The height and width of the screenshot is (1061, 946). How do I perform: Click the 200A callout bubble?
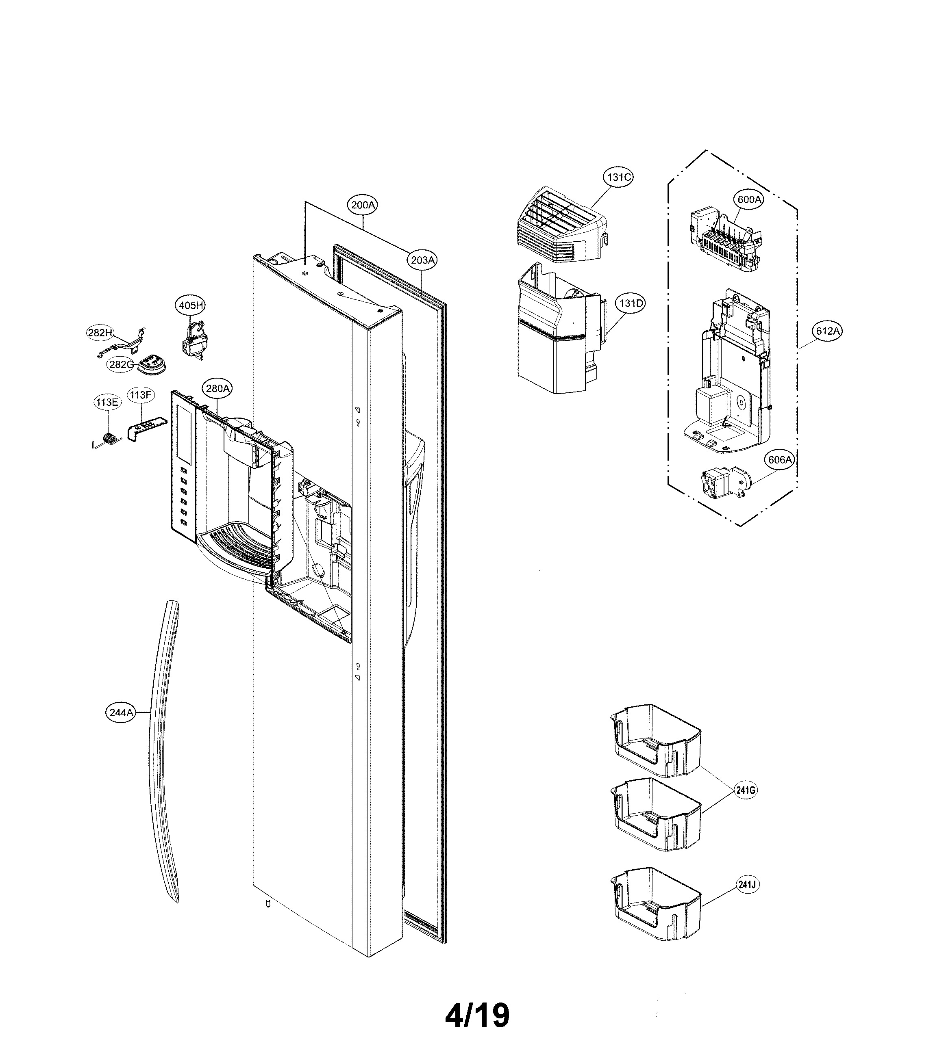pyautogui.click(x=362, y=205)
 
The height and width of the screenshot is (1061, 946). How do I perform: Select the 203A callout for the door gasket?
pyautogui.click(x=422, y=260)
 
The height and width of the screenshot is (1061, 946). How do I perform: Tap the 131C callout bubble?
pyautogui.click(x=619, y=178)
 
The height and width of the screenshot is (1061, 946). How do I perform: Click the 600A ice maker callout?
pyautogui.click(x=748, y=199)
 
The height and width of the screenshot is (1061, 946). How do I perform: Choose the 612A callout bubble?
pyautogui.click(x=827, y=331)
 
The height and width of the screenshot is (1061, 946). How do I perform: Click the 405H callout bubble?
pyautogui.click(x=190, y=305)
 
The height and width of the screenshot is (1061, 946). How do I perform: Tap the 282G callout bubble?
pyautogui.click(x=121, y=365)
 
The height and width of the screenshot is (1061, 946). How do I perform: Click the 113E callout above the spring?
pyautogui.click(x=107, y=402)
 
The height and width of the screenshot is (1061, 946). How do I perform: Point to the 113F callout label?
pyautogui.click(x=140, y=395)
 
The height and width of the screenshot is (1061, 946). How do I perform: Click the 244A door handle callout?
pyautogui.click(x=121, y=712)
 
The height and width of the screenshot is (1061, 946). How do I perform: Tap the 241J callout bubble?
pyautogui.click(x=746, y=884)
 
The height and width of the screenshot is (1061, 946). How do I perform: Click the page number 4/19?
pyautogui.click(x=477, y=1016)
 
